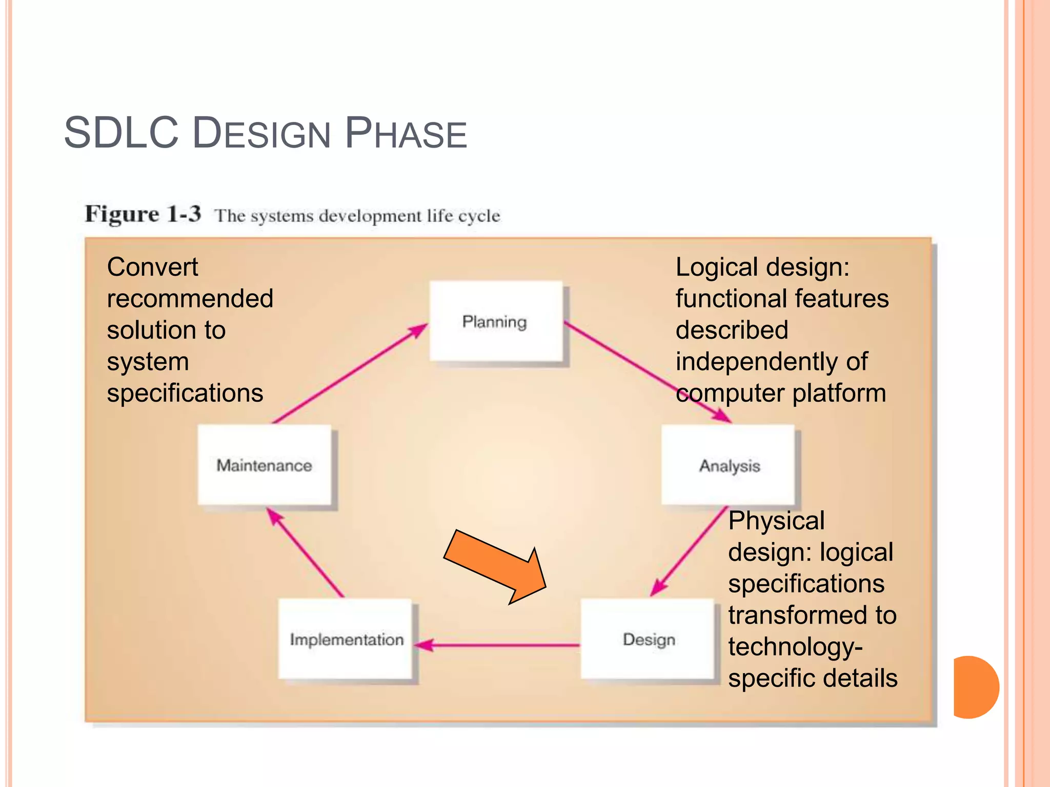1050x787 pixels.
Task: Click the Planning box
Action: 496,322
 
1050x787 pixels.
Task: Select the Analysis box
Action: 728,465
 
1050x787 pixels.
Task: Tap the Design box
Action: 648,639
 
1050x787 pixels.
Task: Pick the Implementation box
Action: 346,639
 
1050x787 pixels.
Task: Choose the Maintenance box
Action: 264,465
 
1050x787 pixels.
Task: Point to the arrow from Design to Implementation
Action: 497,645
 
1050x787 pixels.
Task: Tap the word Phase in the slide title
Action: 406,133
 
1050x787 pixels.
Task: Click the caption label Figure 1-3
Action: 143,214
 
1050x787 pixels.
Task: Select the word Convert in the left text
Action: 152,267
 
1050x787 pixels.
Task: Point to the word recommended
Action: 190,299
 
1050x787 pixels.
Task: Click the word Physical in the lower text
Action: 776,521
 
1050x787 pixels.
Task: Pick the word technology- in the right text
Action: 795,647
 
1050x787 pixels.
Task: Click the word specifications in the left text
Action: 185,393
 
